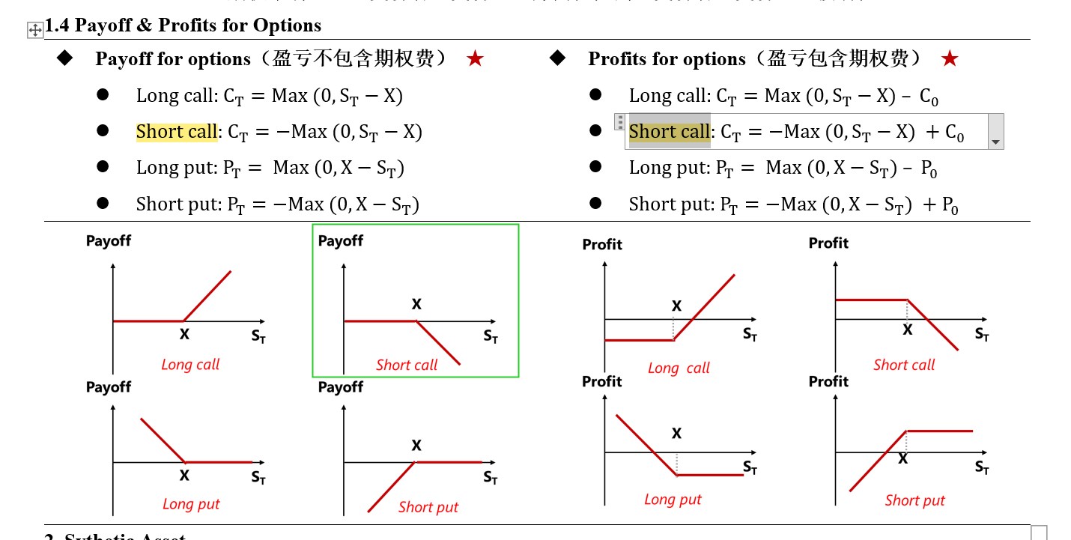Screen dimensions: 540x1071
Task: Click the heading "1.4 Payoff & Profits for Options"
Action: pyautogui.click(x=183, y=25)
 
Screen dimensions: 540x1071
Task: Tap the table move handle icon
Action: pyautogui.click(x=34, y=30)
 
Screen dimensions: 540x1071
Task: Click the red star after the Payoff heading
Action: pyautogui.click(x=475, y=59)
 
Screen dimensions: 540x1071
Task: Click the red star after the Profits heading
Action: pyautogui.click(x=950, y=59)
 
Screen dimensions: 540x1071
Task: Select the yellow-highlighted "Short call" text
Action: pyautogui.click(x=177, y=132)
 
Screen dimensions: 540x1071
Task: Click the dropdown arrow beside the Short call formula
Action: pyautogui.click(x=995, y=142)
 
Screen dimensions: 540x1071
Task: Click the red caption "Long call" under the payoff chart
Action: pyautogui.click(x=190, y=365)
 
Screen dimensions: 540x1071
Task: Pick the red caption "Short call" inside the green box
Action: pyautogui.click(x=407, y=365)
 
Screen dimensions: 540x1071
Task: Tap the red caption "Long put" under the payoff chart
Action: pyautogui.click(x=191, y=504)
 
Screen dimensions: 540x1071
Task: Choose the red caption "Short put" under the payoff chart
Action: pyautogui.click(x=428, y=507)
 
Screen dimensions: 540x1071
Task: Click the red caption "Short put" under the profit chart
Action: pyautogui.click(x=914, y=500)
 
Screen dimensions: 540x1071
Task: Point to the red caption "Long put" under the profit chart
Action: pyautogui.click(x=673, y=500)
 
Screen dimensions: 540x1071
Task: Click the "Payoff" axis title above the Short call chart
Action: pyautogui.click(x=340, y=241)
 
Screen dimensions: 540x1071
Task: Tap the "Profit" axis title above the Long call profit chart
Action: pyautogui.click(x=602, y=244)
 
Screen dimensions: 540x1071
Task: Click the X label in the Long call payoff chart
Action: pyautogui.click(x=184, y=335)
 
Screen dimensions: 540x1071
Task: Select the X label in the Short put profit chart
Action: pyautogui.click(x=902, y=459)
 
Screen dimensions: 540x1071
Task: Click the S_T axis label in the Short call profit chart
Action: pyautogui.click(x=982, y=334)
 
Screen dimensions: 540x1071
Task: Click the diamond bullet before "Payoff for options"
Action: pyautogui.click(x=65, y=58)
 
